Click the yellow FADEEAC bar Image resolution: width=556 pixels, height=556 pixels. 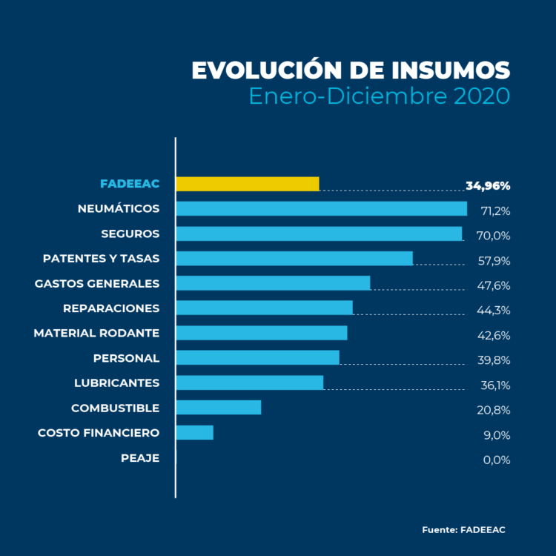coord(247,184)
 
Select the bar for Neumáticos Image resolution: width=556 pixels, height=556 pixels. coord(321,208)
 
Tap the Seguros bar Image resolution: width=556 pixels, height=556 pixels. coord(319,234)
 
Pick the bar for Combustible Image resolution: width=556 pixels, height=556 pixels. coord(219,407)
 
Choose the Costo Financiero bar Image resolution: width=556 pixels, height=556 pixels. coord(194,432)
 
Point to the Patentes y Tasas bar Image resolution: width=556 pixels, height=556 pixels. coord(294,258)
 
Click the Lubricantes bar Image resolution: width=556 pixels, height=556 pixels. coord(249,383)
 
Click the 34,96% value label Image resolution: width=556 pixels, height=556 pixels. coord(488,185)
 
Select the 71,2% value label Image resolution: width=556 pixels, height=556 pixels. coord(495,211)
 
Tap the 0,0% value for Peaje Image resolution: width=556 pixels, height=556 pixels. coord(496,460)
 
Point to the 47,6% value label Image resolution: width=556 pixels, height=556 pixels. coord(494,285)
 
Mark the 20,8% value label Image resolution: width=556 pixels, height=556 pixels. coord(494,410)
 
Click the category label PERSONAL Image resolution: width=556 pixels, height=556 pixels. coord(126,358)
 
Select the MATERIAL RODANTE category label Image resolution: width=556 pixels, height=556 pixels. coord(96,333)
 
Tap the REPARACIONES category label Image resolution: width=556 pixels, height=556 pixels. coord(111,308)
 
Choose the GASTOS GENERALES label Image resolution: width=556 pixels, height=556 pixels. coord(97,283)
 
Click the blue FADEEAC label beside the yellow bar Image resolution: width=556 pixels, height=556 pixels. coord(130,184)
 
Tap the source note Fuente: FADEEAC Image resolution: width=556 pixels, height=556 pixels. coord(463,530)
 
